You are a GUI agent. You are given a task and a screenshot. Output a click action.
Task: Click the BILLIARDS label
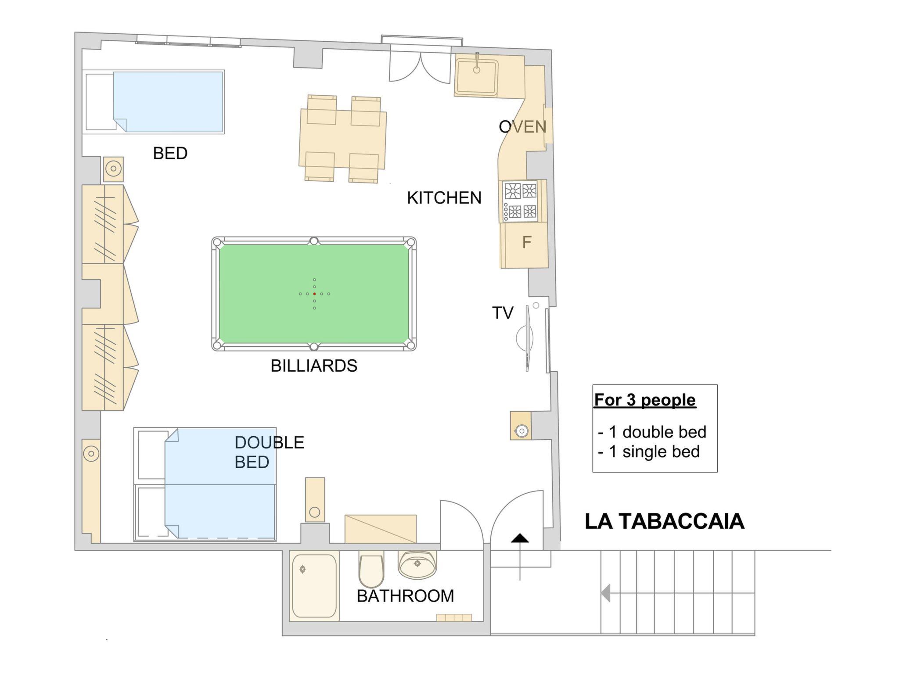[x=314, y=366]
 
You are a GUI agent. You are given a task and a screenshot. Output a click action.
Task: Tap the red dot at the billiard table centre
[x=314, y=294]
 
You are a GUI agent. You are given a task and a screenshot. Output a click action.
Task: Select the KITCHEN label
[x=444, y=198]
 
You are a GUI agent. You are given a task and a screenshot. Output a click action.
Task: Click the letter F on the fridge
[x=527, y=242]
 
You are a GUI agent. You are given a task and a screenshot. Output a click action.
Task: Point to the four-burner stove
[x=521, y=202]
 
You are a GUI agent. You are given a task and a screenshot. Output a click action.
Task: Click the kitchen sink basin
[x=476, y=77]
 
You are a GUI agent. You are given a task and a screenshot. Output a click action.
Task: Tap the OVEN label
[x=522, y=127]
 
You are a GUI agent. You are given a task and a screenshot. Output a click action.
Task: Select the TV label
[x=503, y=313]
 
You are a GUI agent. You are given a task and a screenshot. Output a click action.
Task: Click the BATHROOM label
[x=405, y=596]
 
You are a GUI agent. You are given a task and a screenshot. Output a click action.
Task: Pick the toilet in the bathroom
[x=371, y=571]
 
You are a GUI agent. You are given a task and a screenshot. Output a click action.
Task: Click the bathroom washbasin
[x=417, y=564]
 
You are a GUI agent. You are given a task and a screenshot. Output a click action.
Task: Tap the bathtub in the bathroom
[x=314, y=587]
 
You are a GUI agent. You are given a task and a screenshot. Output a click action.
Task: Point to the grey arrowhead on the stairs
[x=606, y=593]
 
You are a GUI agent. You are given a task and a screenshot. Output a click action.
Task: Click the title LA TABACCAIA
[x=665, y=521]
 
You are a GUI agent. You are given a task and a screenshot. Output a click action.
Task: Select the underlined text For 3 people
[x=645, y=400]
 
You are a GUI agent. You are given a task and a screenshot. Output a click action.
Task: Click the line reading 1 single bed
[x=649, y=452]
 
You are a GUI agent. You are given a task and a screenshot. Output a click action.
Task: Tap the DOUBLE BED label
[x=269, y=452]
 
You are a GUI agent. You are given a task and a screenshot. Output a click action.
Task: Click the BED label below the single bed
[x=170, y=153]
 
